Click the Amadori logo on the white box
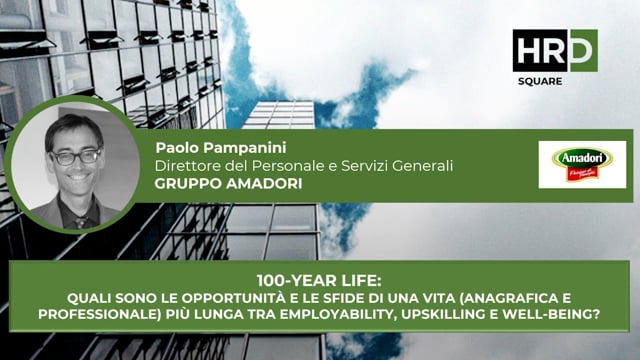click(x=582, y=164)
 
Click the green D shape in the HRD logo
click(x=583, y=49)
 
